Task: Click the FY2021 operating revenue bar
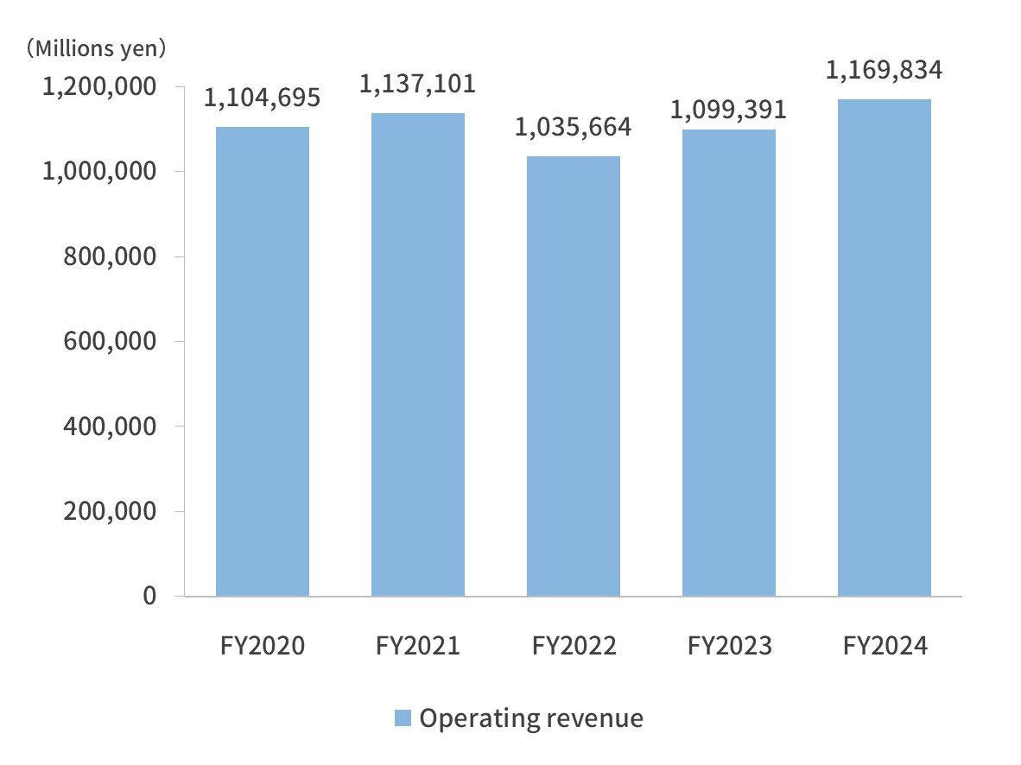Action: [418, 354]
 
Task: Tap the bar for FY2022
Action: [574, 376]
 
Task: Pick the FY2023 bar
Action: [728, 363]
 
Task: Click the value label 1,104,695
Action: [263, 98]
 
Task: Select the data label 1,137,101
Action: [418, 84]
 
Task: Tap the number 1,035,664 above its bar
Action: [574, 128]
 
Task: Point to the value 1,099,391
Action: [728, 110]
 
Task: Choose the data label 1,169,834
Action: [884, 70]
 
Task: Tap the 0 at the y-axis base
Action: [150, 597]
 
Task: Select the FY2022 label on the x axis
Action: [574, 646]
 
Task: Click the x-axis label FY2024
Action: [884, 646]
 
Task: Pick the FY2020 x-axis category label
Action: [263, 646]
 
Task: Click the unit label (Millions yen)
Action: [95, 48]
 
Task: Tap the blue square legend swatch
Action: [403, 718]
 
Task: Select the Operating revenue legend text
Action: [531, 718]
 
